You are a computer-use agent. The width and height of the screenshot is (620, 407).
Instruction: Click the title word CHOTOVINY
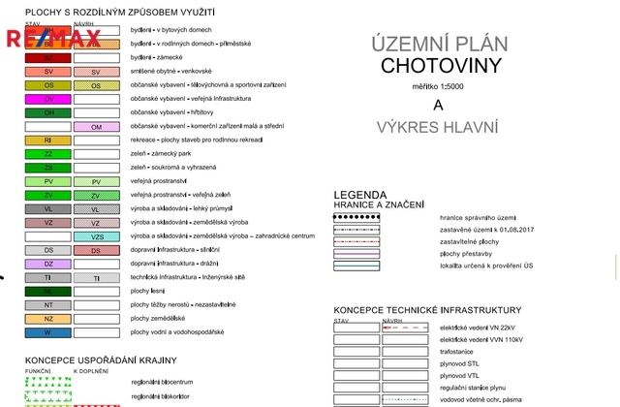[441, 66]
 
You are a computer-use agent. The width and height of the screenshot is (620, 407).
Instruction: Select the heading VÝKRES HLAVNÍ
[439, 128]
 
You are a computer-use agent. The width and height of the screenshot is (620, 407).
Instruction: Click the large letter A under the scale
[438, 106]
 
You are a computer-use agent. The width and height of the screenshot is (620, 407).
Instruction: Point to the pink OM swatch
[96, 127]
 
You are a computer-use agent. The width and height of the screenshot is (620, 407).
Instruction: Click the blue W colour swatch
[48, 332]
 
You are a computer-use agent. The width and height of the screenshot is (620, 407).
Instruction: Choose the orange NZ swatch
[48, 319]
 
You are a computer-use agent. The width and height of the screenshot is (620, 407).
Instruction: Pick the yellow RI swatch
[48, 141]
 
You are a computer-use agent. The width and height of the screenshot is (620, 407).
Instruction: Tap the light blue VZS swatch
[96, 236]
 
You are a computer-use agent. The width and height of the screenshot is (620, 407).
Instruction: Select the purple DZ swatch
[48, 264]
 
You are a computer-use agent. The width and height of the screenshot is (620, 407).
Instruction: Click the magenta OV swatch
[48, 99]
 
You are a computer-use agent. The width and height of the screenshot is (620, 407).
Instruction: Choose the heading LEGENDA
[360, 194]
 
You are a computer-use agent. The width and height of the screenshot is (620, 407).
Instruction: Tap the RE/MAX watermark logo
[54, 40]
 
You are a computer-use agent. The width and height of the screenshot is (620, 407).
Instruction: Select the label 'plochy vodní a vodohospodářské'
[177, 332]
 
